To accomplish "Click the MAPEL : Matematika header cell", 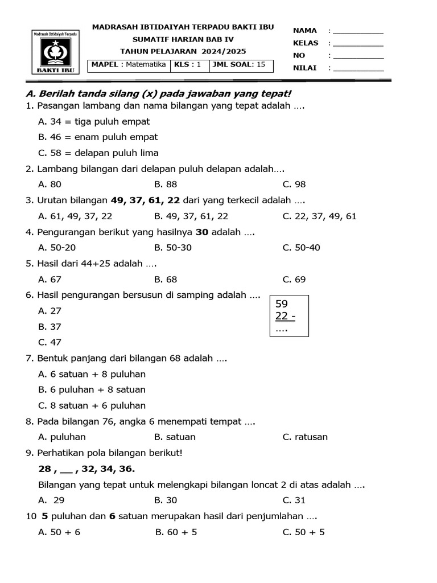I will coord(129,65).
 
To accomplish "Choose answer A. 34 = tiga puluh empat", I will coord(94,121).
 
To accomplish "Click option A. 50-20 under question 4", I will coord(57,248).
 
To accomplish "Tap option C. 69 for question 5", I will coord(294,280).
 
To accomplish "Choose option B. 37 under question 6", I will coord(50,327).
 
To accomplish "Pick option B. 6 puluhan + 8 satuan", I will coord(92,390).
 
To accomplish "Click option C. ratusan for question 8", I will coord(305,437).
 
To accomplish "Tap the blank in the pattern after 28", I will coord(66,469).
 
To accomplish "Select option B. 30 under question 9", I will coord(166,500).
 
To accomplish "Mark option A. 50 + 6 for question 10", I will coord(59,532).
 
